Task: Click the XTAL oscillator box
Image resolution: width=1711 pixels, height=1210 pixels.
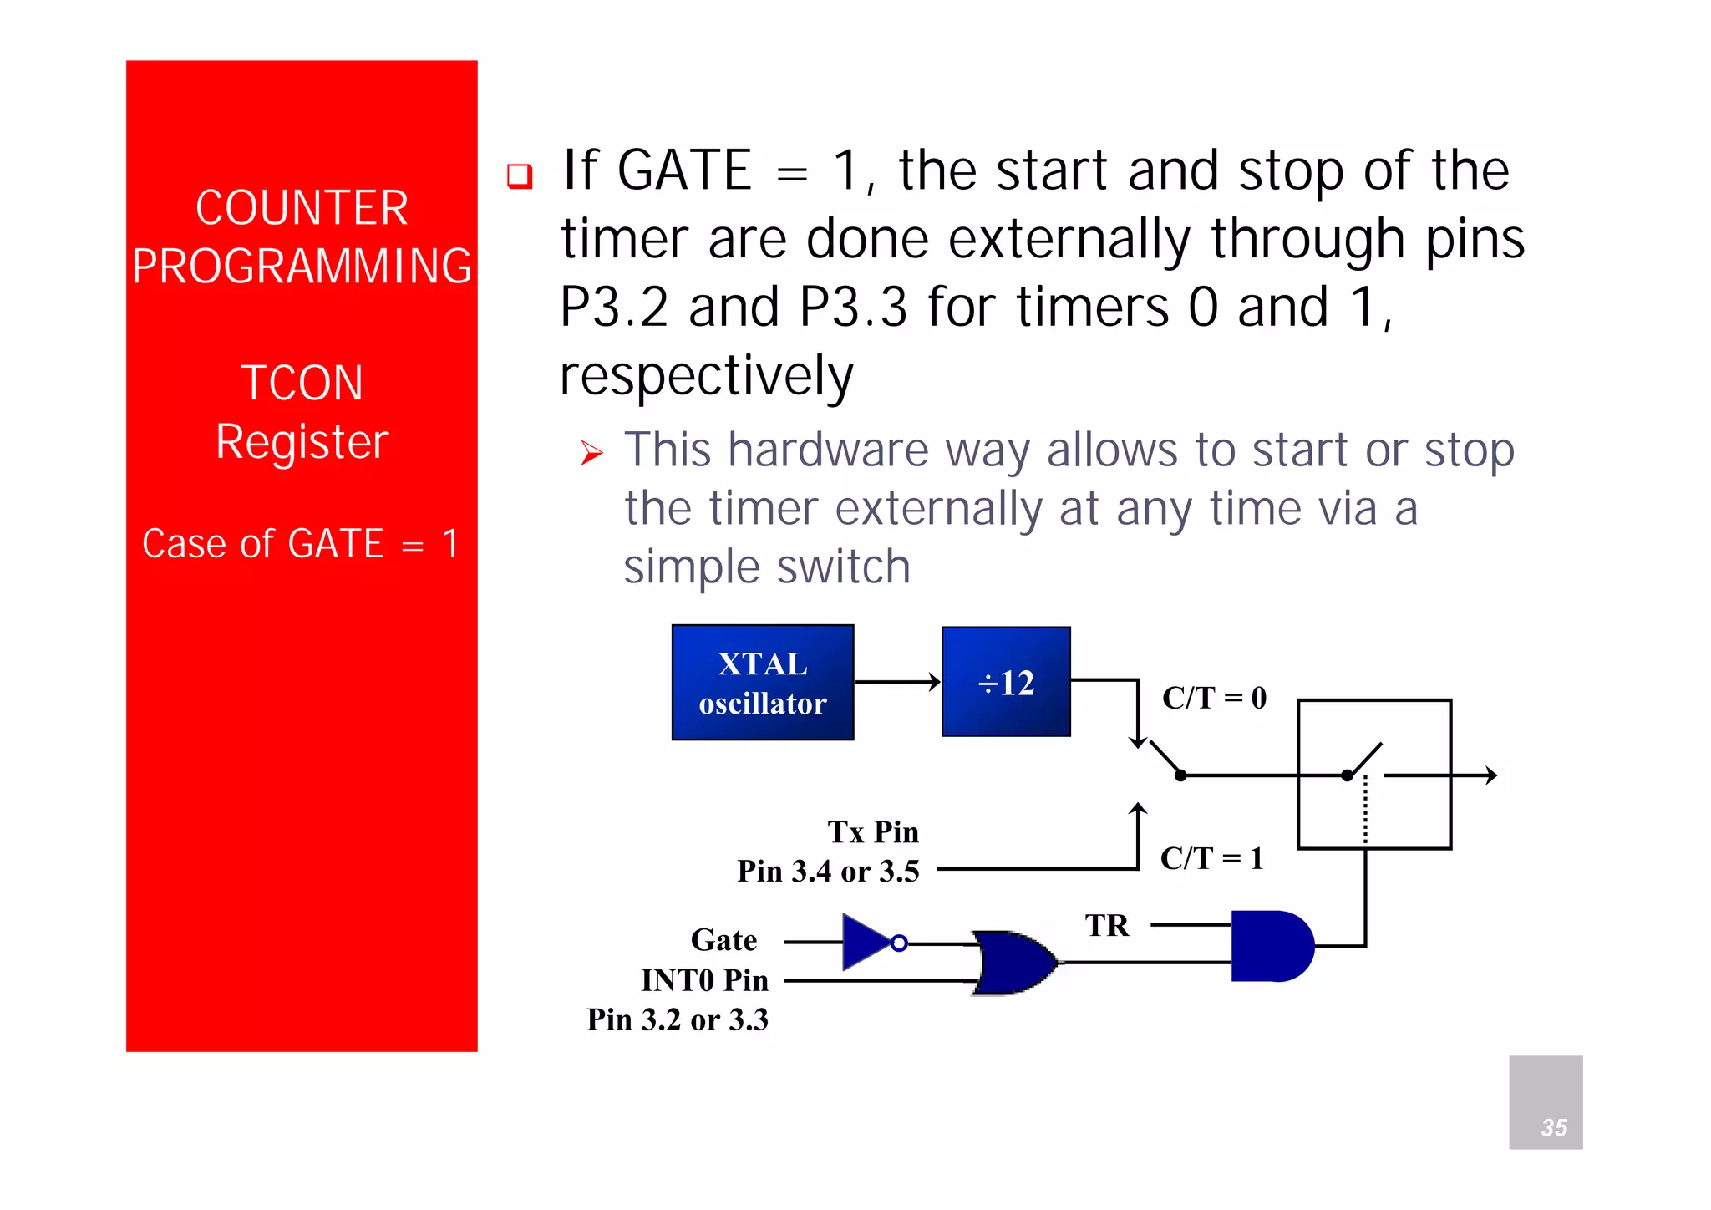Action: click(762, 682)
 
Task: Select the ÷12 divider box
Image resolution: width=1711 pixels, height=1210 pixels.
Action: click(1006, 682)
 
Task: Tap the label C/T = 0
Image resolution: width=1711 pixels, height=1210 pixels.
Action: click(1214, 698)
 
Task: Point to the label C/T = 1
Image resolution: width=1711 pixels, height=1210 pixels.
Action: click(1211, 858)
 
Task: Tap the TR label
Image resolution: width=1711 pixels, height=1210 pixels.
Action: click(1107, 926)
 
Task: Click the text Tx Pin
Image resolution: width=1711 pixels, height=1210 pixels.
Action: click(873, 832)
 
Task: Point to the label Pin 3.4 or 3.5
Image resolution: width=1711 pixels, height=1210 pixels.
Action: click(828, 872)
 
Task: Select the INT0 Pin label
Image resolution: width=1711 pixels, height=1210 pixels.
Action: click(704, 980)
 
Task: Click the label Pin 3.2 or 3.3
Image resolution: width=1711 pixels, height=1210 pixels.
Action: click(677, 1019)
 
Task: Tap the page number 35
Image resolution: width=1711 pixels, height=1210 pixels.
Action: click(1553, 1127)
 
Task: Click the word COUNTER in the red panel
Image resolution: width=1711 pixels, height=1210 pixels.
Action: click(302, 208)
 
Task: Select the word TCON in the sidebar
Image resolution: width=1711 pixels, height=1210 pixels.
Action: click(302, 383)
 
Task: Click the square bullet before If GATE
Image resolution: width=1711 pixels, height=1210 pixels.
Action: click(520, 175)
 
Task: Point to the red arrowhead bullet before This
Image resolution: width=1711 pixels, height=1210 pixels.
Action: click(591, 454)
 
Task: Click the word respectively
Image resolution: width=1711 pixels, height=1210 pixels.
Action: click(706, 375)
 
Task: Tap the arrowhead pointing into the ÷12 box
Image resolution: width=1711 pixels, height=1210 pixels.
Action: click(935, 682)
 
